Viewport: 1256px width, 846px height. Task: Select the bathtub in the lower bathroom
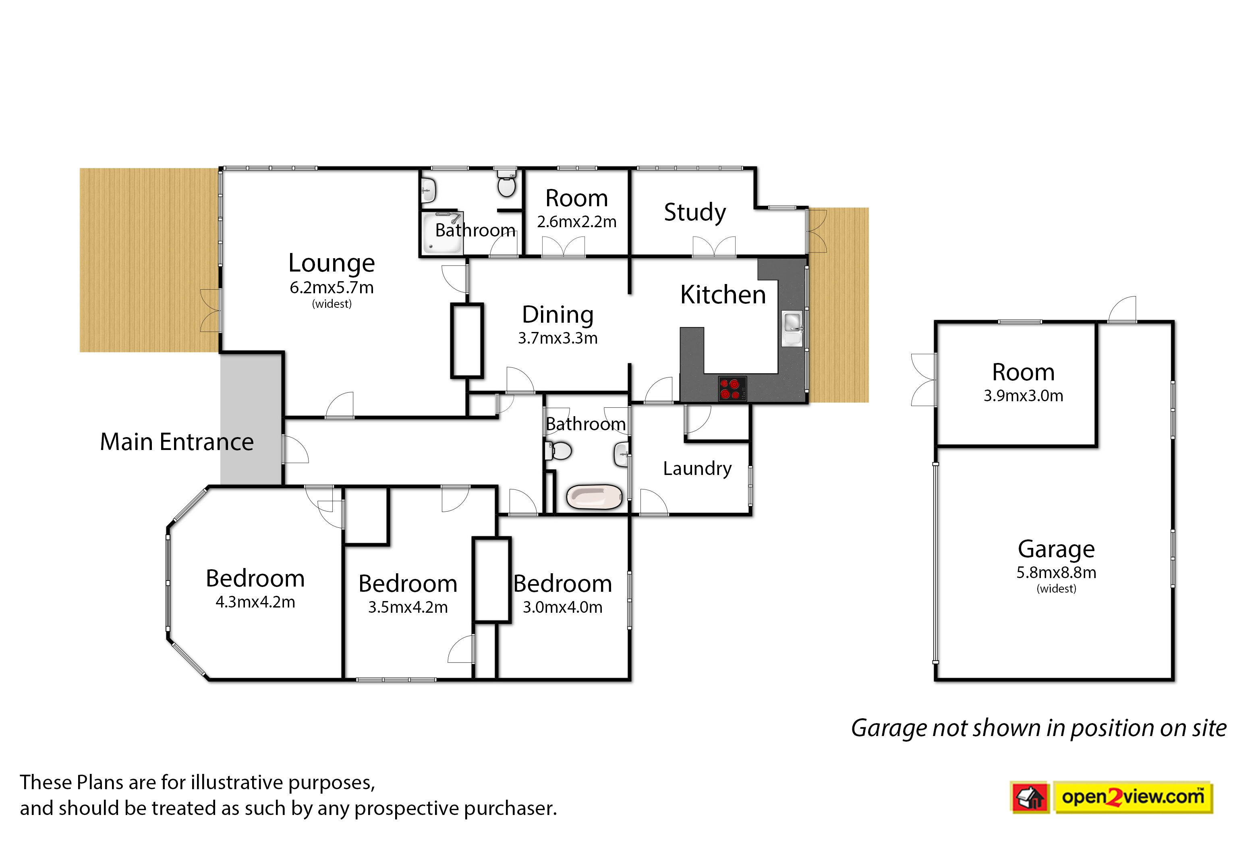[595, 496]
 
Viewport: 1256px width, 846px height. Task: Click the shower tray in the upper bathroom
[442, 232]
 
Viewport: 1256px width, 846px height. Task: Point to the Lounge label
[331, 263]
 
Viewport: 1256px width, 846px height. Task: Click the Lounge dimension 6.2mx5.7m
[331, 288]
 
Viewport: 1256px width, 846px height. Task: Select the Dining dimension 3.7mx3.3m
[558, 338]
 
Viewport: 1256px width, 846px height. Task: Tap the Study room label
[695, 212]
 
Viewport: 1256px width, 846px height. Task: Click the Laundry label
[697, 468]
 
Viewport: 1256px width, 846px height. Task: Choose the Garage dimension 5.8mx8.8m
[1056, 572]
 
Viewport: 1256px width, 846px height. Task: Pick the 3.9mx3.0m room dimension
[1023, 396]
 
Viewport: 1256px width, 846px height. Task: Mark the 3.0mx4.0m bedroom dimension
[562, 607]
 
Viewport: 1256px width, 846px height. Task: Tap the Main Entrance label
[177, 442]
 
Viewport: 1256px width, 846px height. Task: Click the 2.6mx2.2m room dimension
[577, 222]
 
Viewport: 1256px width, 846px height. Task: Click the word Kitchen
[723, 294]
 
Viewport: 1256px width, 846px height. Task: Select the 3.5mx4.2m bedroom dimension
[408, 607]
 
